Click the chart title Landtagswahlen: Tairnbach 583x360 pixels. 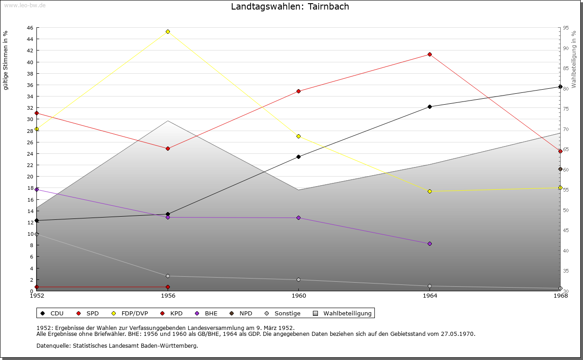(x=290, y=6)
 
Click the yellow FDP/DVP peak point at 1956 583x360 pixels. (x=168, y=31)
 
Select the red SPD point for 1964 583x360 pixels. (x=430, y=54)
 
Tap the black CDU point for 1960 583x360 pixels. (x=298, y=157)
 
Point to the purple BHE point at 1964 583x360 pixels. (x=430, y=243)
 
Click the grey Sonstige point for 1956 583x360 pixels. (x=168, y=276)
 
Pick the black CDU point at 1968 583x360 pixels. (x=560, y=86)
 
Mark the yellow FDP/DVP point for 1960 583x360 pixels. (x=298, y=136)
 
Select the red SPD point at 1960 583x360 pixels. (x=298, y=91)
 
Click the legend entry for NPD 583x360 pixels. (x=241, y=313)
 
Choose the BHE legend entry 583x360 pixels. (x=206, y=313)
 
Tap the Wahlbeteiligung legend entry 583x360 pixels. (x=343, y=313)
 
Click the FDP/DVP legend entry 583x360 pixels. (x=130, y=313)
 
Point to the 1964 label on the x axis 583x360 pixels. (x=430, y=296)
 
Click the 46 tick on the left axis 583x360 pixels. (x=30, y=28)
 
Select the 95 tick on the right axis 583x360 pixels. (x=566, y=28)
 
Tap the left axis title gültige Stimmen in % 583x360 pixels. (x=5, y=60)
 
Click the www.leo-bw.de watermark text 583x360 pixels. (x=24, y=5)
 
